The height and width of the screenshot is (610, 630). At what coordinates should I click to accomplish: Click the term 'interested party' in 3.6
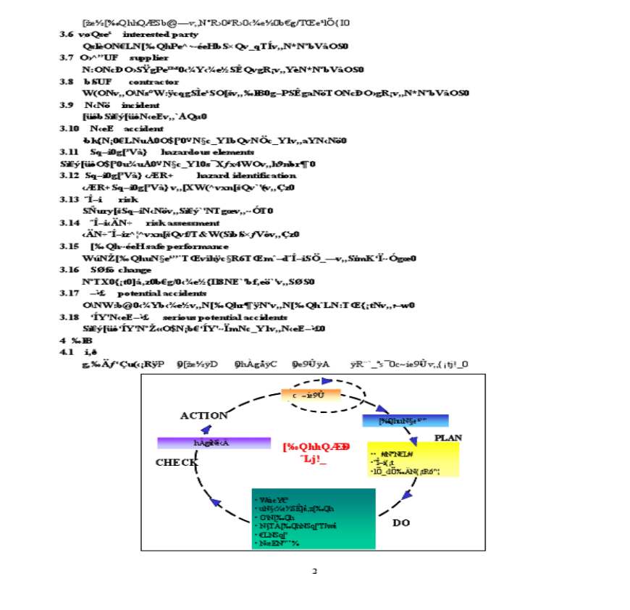pos(161,34)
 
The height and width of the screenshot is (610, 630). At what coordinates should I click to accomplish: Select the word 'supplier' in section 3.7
pos(149,57)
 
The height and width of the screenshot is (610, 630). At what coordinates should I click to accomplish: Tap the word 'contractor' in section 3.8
pos(153,82)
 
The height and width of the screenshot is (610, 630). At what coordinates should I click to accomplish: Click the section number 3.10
pos(69,128)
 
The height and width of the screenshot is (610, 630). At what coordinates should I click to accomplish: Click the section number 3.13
pos(69,199)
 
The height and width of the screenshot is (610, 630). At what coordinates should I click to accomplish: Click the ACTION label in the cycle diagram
pos(204,415)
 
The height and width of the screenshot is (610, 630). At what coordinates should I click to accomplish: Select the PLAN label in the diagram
pos(448,438)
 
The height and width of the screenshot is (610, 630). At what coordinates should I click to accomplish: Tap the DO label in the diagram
pos(400,522)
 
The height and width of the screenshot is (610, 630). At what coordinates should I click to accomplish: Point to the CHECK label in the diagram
pos(177,462)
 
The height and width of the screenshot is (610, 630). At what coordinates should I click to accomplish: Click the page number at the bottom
pos(314,572)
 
